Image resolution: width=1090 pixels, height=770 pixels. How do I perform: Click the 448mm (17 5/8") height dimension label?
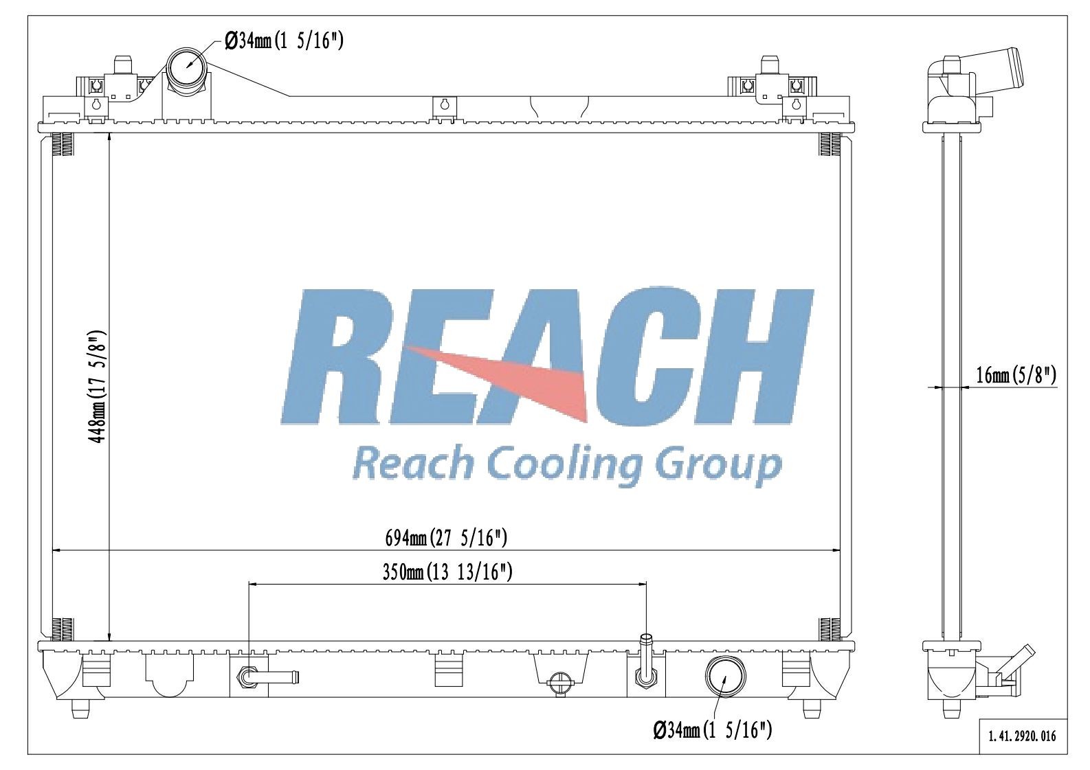point(96,387)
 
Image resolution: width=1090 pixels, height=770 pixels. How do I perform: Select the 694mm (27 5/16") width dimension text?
point(446,538)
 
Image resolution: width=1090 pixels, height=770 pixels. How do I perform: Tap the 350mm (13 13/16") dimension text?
point(447,572)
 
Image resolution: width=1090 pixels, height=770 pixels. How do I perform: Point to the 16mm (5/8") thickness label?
point(1016,376)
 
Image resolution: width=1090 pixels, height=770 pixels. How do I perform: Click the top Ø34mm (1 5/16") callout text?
point(284,41)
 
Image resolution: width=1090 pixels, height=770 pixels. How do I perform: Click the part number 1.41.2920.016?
point(1023,736)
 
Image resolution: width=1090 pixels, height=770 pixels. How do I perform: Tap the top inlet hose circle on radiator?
point(186,67)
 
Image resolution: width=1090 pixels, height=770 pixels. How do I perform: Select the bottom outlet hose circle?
point(725,676)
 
